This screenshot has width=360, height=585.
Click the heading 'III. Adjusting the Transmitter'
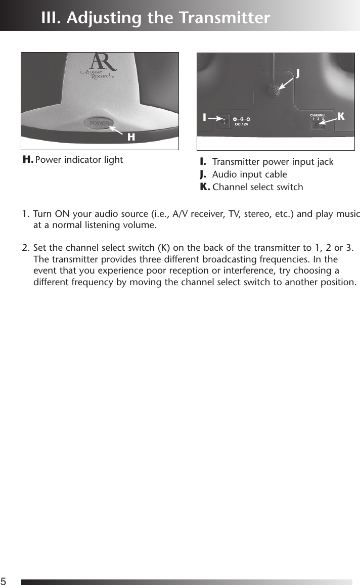click(x=156, y=18)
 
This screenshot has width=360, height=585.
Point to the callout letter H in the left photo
click(x=131, y=137)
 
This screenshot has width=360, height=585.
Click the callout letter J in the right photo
click(x=299, y=73)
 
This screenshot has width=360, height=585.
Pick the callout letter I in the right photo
click(x=204, y=118)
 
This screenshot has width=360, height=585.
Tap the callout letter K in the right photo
click(x=341, y=116)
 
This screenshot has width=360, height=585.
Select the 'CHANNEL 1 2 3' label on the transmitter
click(x=318, y=117)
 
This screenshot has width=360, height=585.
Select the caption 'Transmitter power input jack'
click(x=273, y=162)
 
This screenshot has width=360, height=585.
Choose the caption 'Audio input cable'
click(x=249, y=174)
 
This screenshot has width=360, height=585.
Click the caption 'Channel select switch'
click(x=257, y=187)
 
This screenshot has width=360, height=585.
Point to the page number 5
click(x=4, y=580)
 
